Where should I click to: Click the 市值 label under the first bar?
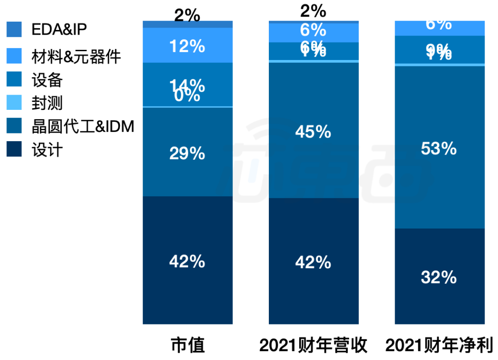[188, 345]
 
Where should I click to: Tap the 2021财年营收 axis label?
[314, 345]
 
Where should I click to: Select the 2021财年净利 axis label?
[439, 345]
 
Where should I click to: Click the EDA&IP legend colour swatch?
[14, 30]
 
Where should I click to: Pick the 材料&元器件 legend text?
[76, 57]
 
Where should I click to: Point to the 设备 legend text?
[47, 80]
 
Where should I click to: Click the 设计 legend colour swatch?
[14, 150]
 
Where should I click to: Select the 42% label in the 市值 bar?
[187, 262]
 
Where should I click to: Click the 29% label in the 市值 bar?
[187, 153]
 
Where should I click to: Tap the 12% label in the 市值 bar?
[187, 46]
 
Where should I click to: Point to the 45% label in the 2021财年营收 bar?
[314, 132]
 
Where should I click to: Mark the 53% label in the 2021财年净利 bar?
[439, 149]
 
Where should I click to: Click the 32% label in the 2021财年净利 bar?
[439, 277]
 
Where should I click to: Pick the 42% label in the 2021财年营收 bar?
[314, 262]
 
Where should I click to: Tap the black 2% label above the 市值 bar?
[187, 16]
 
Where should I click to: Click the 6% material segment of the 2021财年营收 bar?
[314, 31]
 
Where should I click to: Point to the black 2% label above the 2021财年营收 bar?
[314, 11]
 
